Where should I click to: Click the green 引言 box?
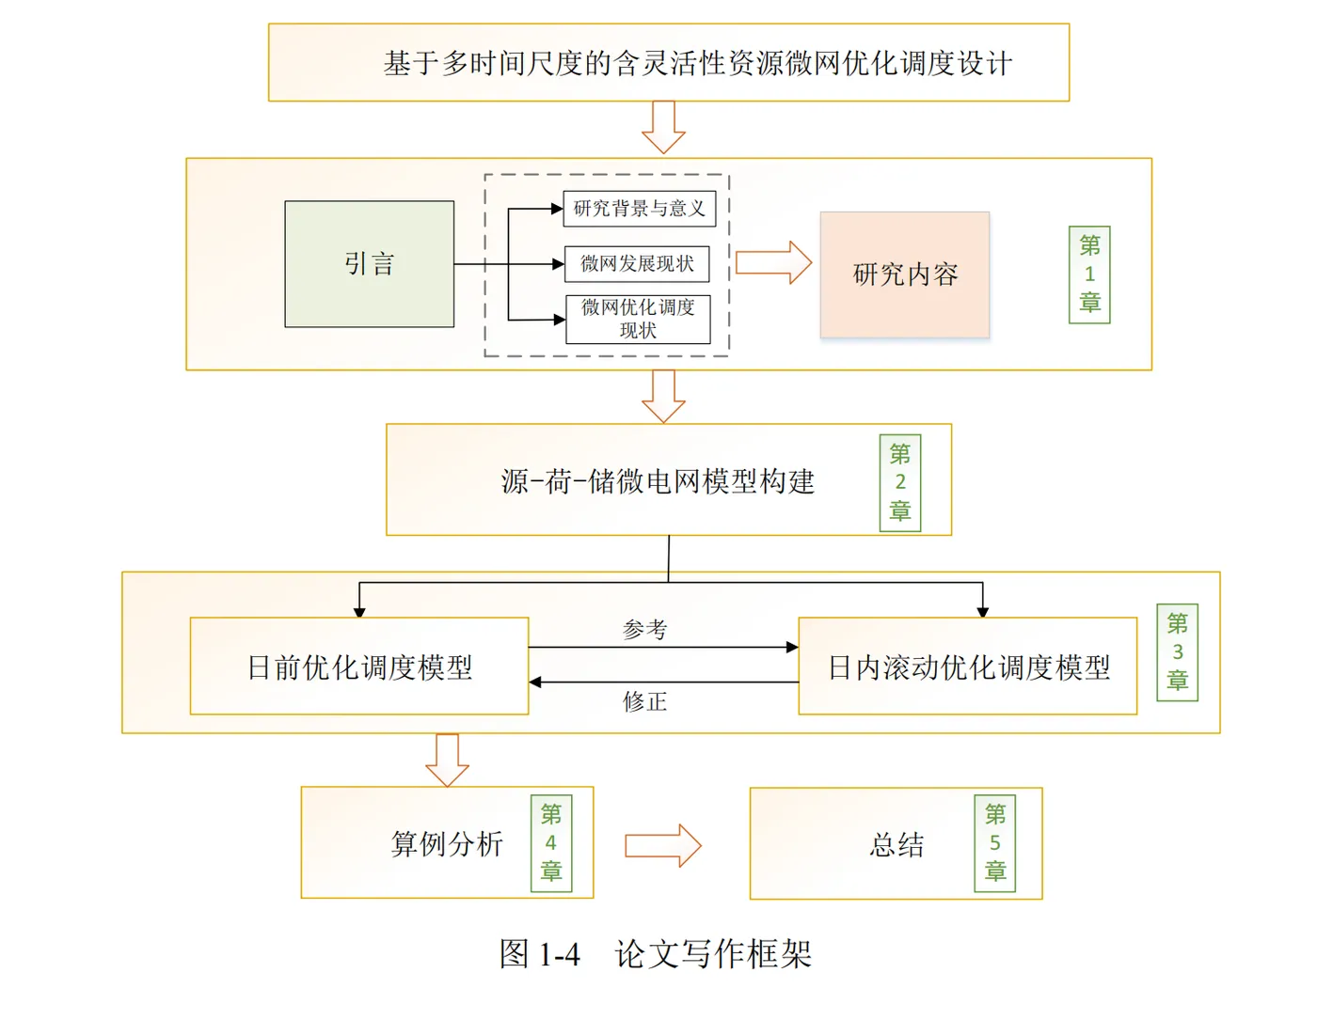pos(369,264)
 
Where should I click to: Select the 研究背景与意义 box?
pos(640,209)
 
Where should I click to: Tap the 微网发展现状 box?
pos(637,264)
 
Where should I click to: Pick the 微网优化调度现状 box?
pos(638,320)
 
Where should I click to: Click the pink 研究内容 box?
pos(905,275)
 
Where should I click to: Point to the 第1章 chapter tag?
pos(1089,275)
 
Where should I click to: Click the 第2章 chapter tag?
pos(900,483)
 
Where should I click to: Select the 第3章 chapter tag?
pos(1177,652)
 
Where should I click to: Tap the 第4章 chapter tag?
pos(551,843)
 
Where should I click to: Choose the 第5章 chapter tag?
pos(994,843)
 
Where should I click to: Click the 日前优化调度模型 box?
pos(359,667)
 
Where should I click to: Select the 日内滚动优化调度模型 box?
pos(968,667)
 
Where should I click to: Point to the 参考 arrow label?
pos(645,630)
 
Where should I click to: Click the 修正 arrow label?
pos(645,701)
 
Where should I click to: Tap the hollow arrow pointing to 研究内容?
pos(773,262)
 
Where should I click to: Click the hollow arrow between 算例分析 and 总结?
pos(663,845)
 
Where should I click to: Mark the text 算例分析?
pos(447,844)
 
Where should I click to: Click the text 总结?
pos(897,844)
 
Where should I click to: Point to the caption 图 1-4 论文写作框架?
pos(655,954)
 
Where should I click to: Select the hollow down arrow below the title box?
pos(663,128)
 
